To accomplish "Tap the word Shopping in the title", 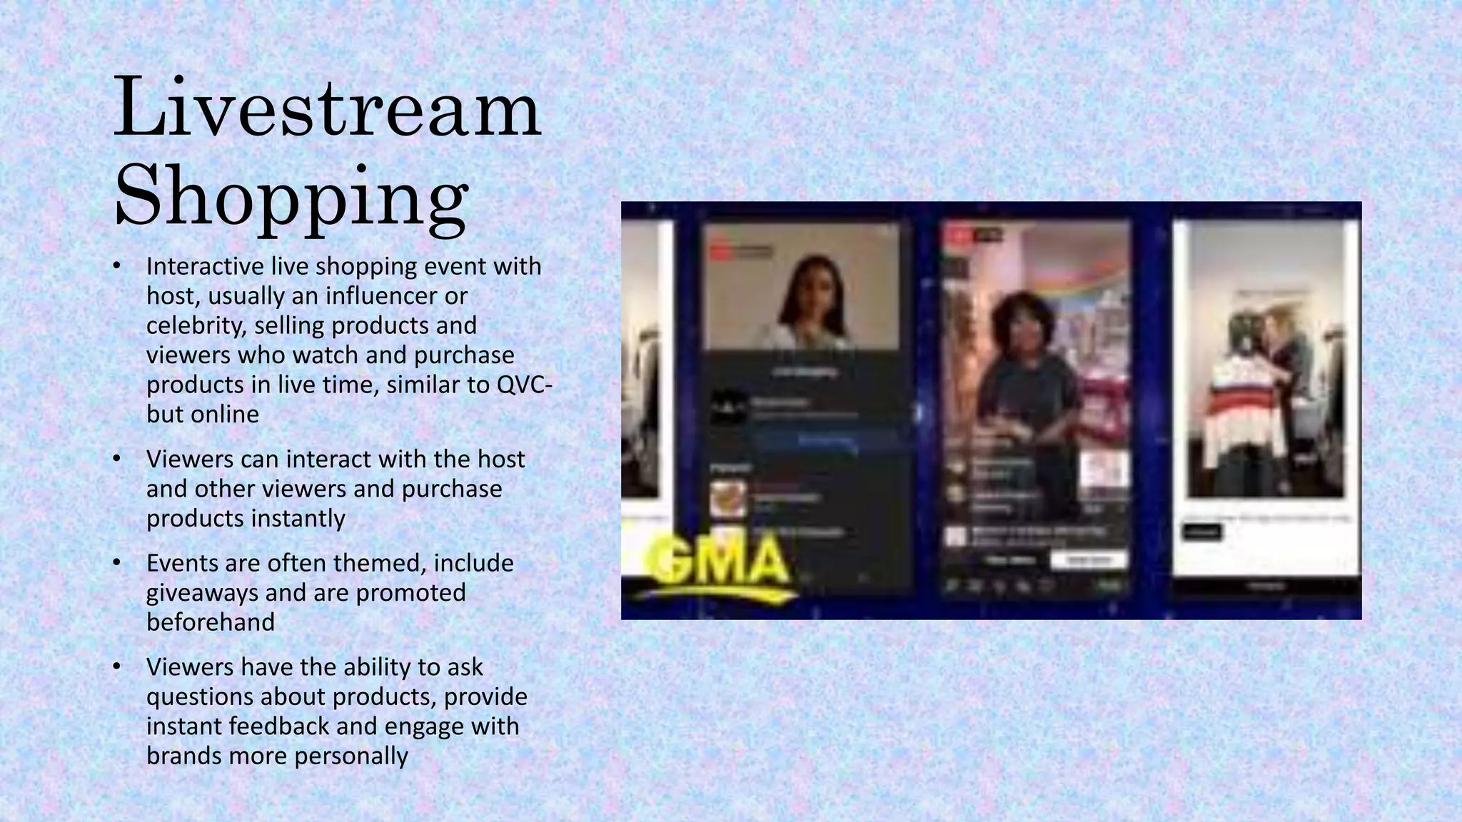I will click(x=291, y=196).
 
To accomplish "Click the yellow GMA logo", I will click(x=721, y=560).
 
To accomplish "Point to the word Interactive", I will click(x=205, y=266).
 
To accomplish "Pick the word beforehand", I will click(x=211, y=622).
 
